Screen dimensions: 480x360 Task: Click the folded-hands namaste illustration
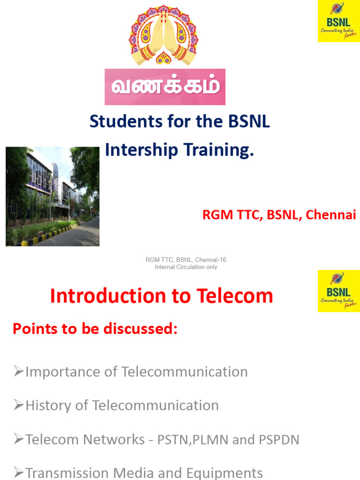[x=164, y=35]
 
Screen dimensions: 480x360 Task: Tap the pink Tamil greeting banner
[x=165, y=87]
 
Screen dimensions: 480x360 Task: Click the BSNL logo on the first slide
[x=338, y=21]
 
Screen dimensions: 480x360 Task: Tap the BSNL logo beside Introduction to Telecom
[x=338, y=291]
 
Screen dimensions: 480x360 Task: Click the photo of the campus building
[x=52, y=196]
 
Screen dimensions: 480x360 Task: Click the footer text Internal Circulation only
[x=186, y=267]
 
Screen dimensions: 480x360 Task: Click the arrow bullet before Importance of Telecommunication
[x=19, y=372]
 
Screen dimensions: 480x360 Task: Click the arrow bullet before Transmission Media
[x=19, y=472]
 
